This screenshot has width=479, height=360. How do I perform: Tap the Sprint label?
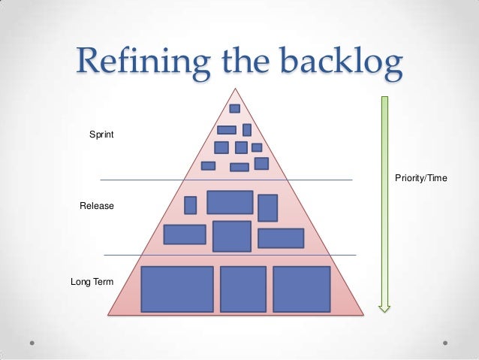101,135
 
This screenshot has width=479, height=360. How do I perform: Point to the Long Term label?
92,283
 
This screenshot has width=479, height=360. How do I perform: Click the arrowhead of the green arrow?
384,305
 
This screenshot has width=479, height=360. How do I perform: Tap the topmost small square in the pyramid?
234,108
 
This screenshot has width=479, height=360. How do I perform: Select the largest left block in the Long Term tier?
177,289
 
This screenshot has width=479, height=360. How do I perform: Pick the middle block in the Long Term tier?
243,289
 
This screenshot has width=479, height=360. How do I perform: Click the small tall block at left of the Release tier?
190,205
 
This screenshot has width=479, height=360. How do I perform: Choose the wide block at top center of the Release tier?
230,202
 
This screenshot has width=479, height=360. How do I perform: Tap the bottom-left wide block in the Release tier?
185,234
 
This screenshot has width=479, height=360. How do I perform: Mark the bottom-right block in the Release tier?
281,238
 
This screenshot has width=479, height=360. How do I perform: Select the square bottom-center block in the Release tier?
231,236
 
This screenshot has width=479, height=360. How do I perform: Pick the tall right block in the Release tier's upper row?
267,207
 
